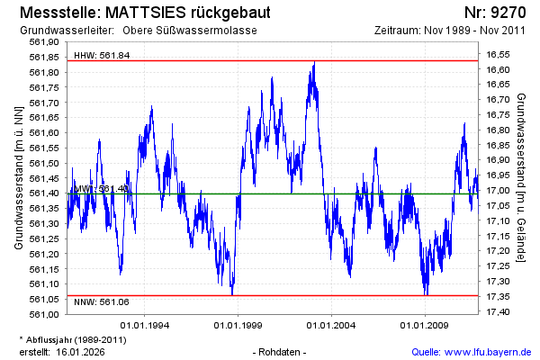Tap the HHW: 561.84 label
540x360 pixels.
coord(102,55)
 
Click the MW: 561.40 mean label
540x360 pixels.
coord(102,189)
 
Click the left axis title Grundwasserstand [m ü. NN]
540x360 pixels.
coord(19,178)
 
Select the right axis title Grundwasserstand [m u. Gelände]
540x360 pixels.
coord(522,178)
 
